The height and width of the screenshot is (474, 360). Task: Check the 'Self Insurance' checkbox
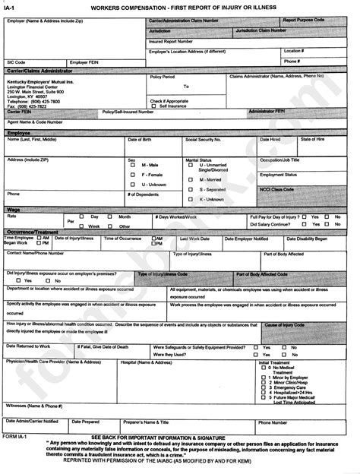pos(154,106)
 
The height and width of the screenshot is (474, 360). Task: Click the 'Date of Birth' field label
pos(139,140)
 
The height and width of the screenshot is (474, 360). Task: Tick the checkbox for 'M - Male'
pos(133,165)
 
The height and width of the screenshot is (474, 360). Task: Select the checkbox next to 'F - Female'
pos(133,175)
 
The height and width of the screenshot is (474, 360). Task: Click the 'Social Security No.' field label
pos(203,140)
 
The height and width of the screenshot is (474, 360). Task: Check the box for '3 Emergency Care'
pos(263,387)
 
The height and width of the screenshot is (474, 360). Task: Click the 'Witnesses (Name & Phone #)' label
pos(35,406)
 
